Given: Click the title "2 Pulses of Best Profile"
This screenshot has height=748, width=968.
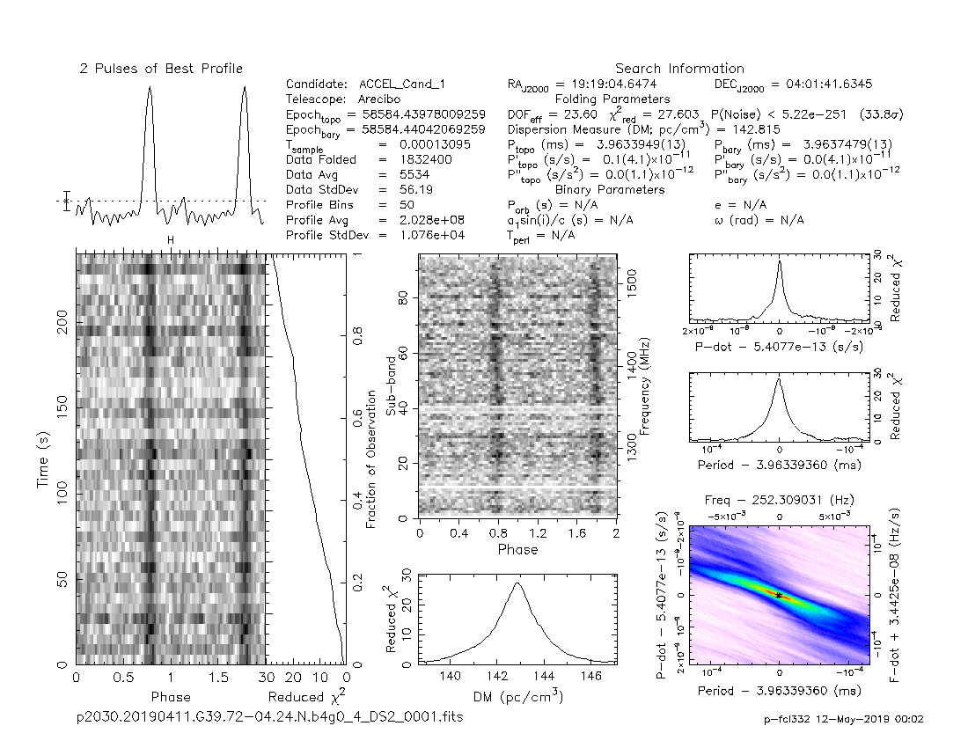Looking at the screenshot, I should (161, 69).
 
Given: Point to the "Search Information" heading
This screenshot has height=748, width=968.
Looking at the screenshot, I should (679, 69).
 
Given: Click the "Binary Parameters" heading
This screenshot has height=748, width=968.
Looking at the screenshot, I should (610, 190).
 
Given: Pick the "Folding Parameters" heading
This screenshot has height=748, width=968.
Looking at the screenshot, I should (612, 99).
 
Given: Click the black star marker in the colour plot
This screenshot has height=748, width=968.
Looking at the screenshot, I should (780, 596).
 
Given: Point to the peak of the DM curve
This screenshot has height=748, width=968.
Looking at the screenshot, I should (517, 583).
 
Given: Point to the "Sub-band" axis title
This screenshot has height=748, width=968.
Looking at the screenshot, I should (392, 387).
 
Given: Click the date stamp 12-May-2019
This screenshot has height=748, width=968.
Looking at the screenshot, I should (867, 719).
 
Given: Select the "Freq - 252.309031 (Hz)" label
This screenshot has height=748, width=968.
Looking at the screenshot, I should (779, 501).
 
